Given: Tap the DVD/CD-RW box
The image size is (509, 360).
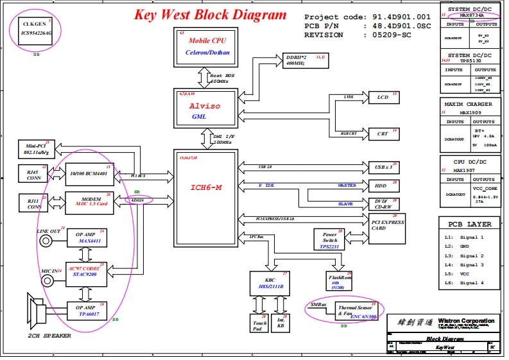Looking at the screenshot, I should (383, 203).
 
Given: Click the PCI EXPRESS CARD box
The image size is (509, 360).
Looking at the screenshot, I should (387, 225).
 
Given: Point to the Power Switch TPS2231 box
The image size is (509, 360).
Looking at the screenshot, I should (330, 239).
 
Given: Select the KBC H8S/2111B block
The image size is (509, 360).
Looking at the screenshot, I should (270, 282).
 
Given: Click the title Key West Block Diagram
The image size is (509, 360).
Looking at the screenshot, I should (210, 15).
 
